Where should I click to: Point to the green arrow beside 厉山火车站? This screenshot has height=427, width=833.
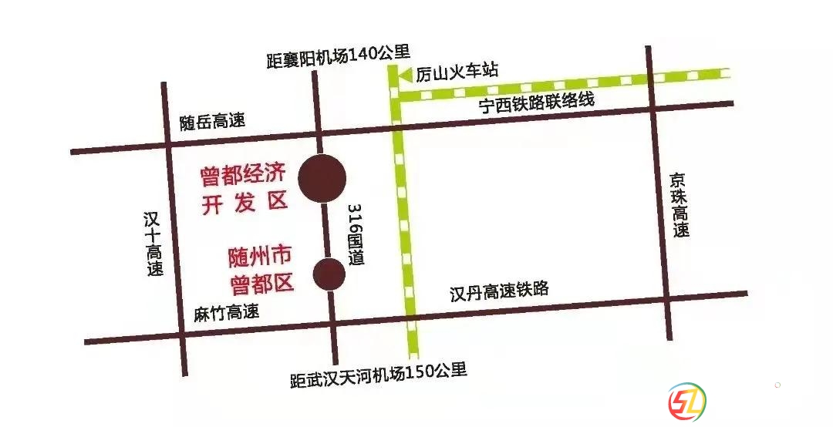coord(405,74)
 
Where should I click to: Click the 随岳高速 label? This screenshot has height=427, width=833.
coord(212,121)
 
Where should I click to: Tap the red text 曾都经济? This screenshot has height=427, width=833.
coord(242,174)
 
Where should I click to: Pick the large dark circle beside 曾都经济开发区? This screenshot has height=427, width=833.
coord(321,178)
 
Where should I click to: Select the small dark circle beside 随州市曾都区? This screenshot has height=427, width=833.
coord(329,273)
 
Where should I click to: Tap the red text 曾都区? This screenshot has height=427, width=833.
coord(262,284)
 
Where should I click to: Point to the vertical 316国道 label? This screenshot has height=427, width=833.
coord(355,236)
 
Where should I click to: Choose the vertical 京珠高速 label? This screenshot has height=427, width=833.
coord(679,205)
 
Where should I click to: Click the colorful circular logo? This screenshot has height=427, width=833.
coord(686,402)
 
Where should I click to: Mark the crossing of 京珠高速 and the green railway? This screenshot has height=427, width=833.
coord(651,79)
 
